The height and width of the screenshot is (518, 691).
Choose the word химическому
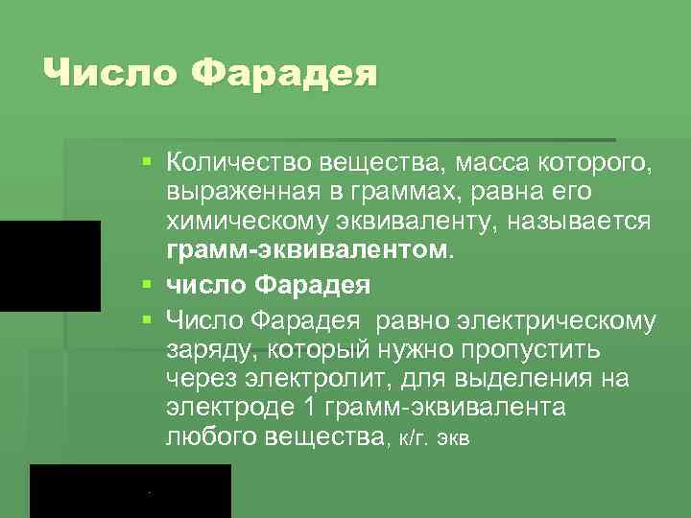[244, 222]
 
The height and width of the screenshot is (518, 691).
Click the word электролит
[318, 379]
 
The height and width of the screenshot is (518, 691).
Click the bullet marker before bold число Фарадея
[144, 286]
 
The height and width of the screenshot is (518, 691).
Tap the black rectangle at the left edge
[50, 266]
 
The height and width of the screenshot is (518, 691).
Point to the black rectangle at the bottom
[131, 491]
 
